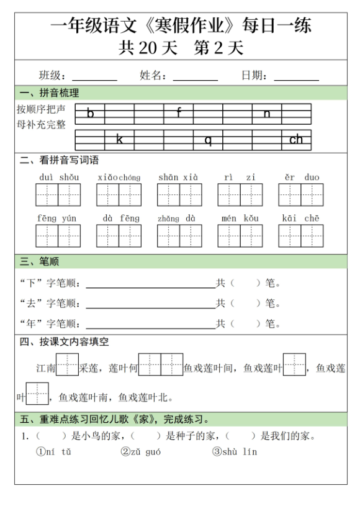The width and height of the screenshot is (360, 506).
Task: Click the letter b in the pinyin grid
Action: [91, 114]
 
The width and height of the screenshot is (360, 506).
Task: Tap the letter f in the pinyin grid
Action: [179, 113]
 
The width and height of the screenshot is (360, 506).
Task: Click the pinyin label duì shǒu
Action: [59, 178]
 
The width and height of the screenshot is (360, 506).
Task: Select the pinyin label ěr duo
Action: [302, 178]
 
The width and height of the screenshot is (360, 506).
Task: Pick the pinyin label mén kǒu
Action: [240, 219]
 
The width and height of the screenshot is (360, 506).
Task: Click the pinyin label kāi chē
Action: [301, 219]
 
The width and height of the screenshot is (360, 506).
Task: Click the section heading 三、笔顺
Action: [40, 261]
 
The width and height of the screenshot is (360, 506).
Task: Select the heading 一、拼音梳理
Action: [50, 94]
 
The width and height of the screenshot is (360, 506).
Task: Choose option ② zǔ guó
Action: [141, 452]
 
